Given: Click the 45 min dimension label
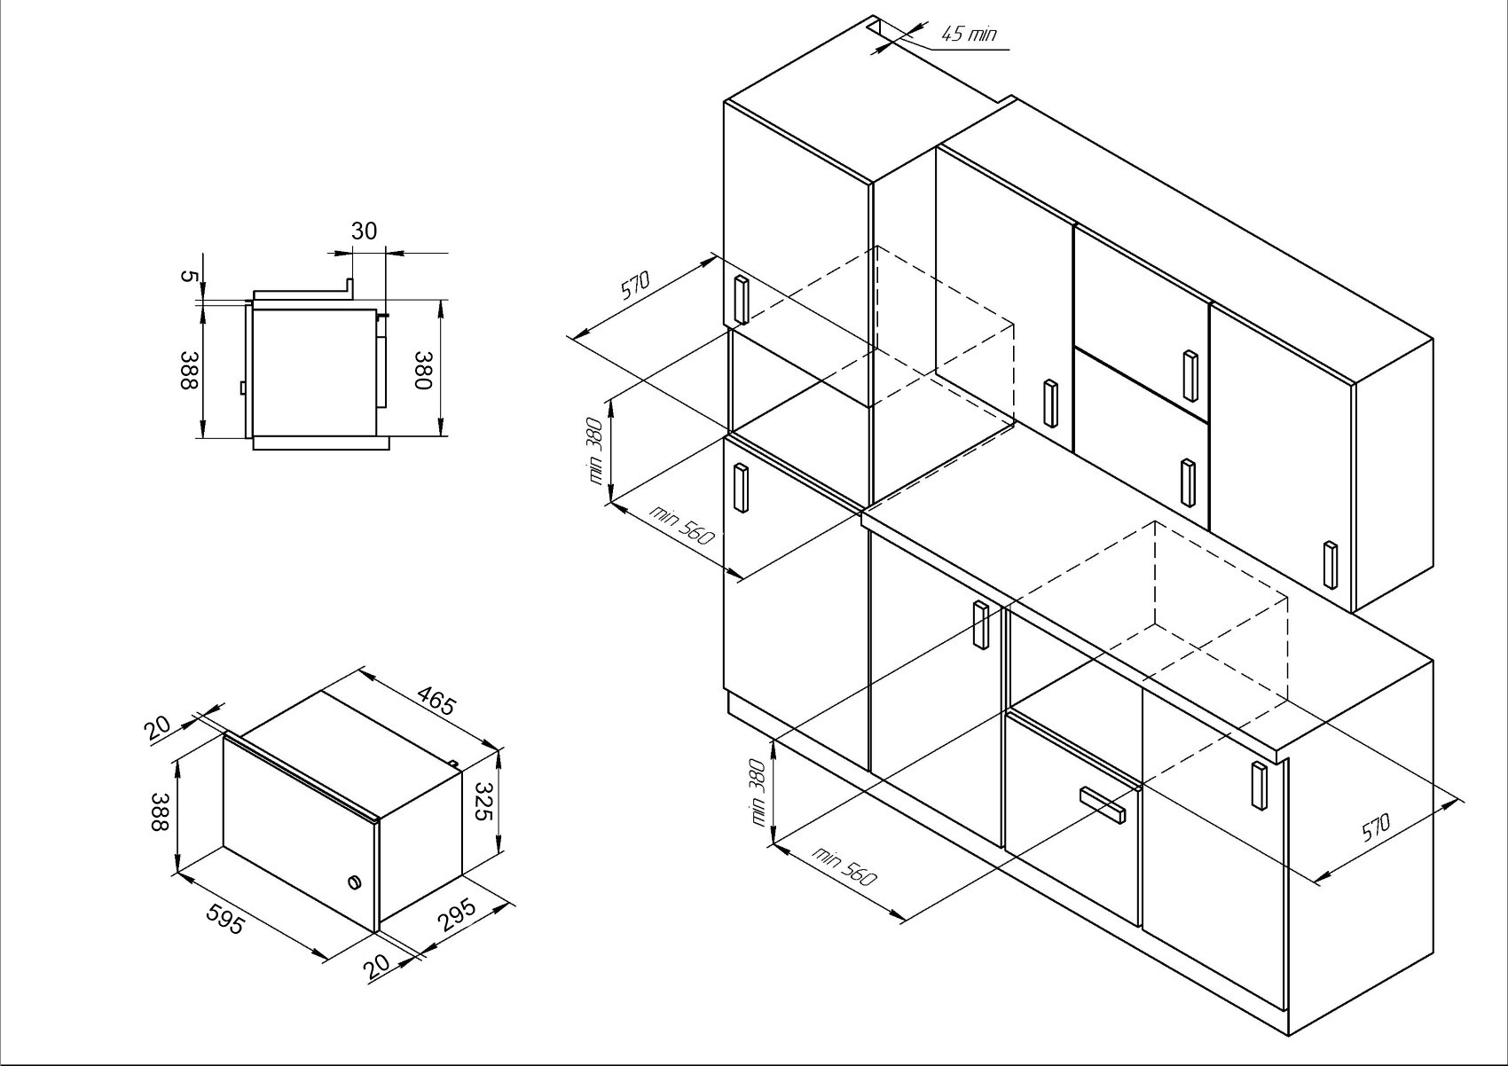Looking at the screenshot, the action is coord(968,34).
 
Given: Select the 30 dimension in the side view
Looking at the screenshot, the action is coord(365,231).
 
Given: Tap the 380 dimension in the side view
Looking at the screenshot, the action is coord(422,370).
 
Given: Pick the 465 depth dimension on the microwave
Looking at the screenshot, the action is coord(436,700).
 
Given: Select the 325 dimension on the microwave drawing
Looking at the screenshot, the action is coord(484,801).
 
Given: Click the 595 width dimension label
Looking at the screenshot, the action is coord(224,920).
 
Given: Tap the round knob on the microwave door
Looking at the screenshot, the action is coord(353,883).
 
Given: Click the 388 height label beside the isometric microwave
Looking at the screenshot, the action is coord(160,811).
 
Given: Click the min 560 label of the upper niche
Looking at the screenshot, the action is coord(680,525).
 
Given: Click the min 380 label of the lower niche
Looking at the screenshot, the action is coord(758,793).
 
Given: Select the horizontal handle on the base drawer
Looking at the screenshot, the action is coord(1102,805).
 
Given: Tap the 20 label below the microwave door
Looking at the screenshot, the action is coord(377,967).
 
